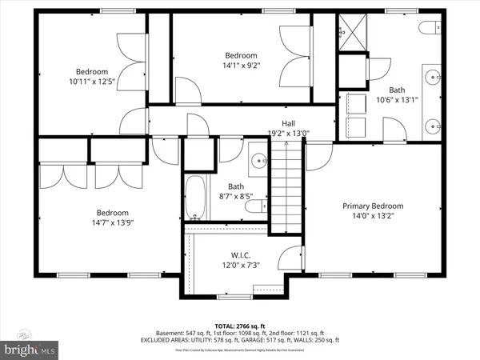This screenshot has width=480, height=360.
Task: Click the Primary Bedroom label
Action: [x=373, y=206]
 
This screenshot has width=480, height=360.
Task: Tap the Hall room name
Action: [x=287, y=123]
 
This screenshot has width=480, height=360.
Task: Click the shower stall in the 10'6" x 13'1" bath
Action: [x=351, y=31]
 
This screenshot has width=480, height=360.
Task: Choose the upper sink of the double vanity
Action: [x=434, y=78]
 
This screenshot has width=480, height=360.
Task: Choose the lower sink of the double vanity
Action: [x=434, y=125]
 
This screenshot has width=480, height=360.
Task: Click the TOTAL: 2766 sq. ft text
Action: [x=240, y=326]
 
